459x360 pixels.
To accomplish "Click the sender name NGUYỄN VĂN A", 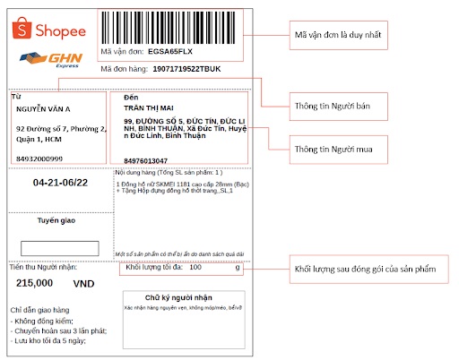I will pyautogui.click(x=43, y=108).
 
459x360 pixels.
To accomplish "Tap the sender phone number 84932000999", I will pyautogui.click(x=40, y=158).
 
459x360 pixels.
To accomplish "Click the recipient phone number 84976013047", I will pyautogui.click(x=146, y=160).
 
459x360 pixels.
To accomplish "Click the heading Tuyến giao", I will pyautogui.click(x=58, y=219).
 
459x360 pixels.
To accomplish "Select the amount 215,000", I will pyautogui.click(x=34, y=283).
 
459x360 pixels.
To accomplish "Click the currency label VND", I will pyautogui.click(x=83, y=283).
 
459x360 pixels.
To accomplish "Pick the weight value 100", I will pyautogui.click(x=195, y=267).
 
